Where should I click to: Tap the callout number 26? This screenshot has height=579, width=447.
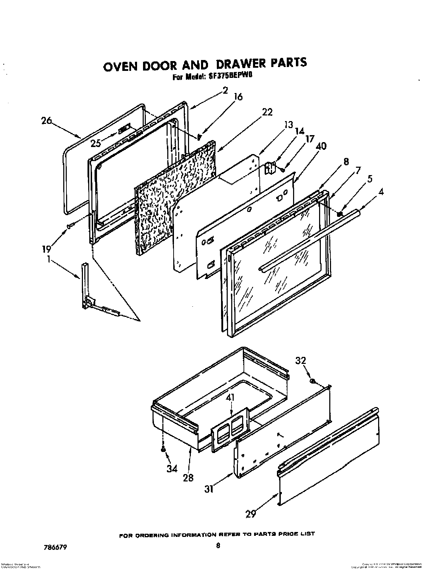click(x=46, y=121)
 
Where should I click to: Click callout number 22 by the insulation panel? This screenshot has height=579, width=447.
click(x=267, y=112)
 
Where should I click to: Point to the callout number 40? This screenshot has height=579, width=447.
click(x=321, y=146)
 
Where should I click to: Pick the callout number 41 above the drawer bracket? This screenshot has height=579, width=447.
click(x=231, y=398)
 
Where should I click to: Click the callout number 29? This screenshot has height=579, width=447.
click(x=250, y=514)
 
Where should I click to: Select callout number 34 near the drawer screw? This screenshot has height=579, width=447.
click(x=172, y=468)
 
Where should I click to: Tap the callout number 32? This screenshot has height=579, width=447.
click(x=300, y=360)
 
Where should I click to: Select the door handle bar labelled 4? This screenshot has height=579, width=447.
click(x=309, y=239)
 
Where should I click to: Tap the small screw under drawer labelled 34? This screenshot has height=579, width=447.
click(x=163, y=449)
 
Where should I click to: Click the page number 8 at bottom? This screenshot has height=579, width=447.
click(x=218, y=545)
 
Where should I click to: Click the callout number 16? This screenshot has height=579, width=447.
click(x=238, y=97)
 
